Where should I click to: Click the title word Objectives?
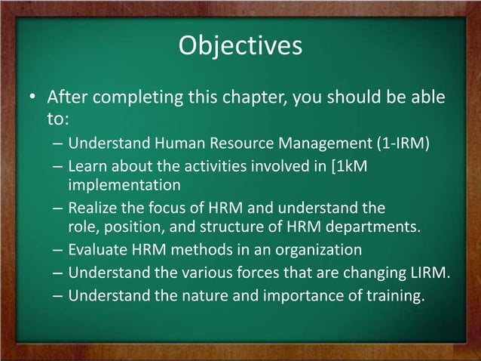click(240, 46)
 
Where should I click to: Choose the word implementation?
click(124, 184)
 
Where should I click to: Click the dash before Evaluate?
click(58, 248)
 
